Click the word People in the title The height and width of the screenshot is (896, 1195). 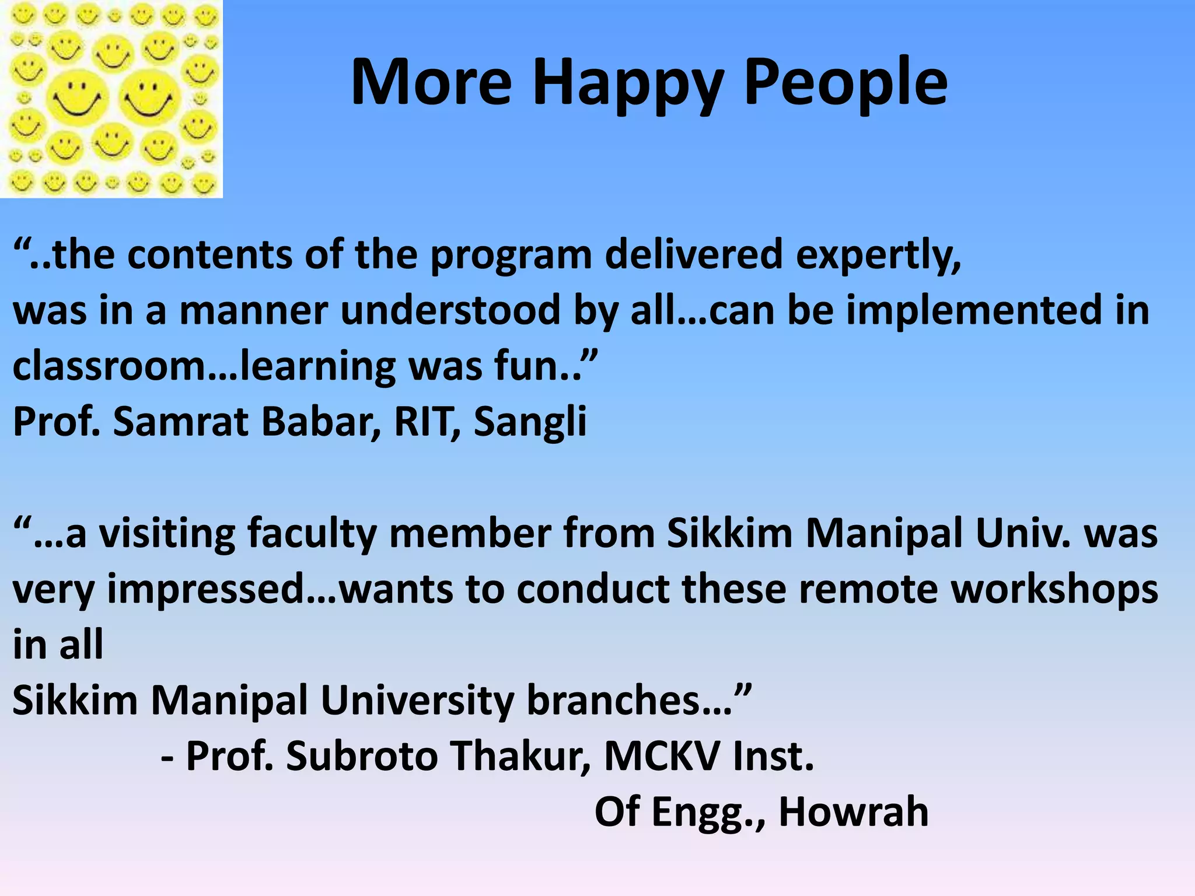click(845, 83)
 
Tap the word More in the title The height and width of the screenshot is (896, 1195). click(431, 83)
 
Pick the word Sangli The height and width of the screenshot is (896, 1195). click(530, 421)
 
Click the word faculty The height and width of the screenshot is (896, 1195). click(312, 534)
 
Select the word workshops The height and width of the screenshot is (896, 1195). click(1054, 589)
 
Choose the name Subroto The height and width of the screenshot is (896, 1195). click(362, 756)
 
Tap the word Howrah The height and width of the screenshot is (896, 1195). click(853, 812)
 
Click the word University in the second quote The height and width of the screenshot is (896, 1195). click(417, 700)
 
